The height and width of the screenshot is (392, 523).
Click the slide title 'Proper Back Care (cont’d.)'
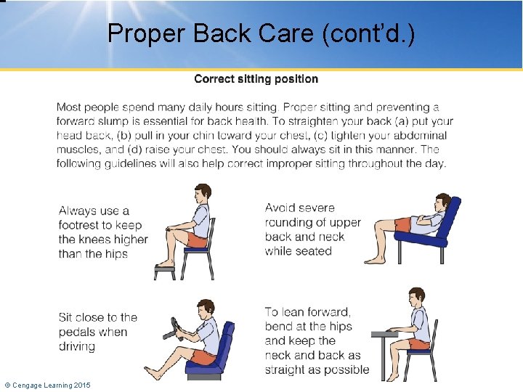coord(261,33)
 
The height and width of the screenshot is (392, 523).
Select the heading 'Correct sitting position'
coord(256,78)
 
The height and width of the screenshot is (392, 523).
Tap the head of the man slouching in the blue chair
coord(442,203)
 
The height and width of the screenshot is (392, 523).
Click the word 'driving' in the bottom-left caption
coord(77,346)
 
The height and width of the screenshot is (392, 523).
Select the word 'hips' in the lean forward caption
coord(339,326)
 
